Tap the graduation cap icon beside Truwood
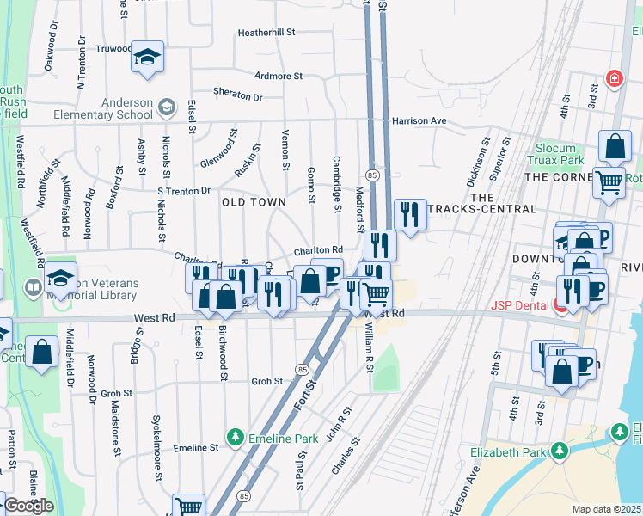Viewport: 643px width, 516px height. tap(147, 58)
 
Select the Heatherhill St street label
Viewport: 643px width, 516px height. tap(266, 32)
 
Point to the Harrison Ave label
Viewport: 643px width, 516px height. tap(419, 120)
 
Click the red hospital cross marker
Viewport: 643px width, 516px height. tap(614, 80)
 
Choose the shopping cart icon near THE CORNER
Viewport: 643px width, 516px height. tap(609, 181)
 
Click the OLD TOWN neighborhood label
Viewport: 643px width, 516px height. tap(254, 201)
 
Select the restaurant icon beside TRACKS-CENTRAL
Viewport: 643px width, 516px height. tap(410, 215)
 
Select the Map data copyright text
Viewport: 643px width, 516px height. tap(607, 509)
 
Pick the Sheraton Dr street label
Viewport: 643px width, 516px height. tap(238, 97)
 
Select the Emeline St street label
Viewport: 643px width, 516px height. tap(196, 448)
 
